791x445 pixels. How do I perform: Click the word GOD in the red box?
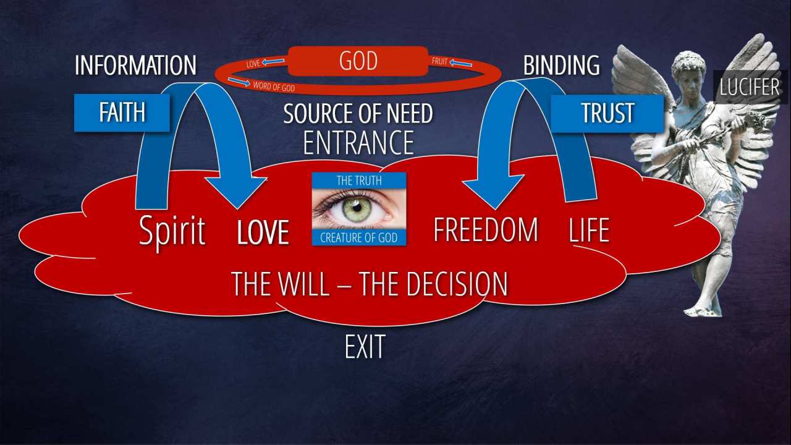358,62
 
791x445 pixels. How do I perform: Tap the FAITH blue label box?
122,112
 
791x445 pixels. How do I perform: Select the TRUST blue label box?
607,112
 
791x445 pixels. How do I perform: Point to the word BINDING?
561,66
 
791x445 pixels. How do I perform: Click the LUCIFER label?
750,87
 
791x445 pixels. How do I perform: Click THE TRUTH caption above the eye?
358,180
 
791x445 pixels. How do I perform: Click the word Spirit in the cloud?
172,231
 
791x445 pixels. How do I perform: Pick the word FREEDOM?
485,230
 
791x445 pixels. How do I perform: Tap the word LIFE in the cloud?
589,231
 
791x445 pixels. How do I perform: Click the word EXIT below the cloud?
365,347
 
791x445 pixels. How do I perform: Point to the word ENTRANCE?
358,143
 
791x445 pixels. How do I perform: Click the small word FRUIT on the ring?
439,62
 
